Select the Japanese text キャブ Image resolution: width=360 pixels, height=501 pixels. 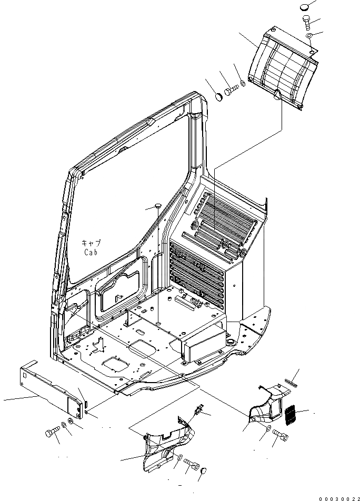[x=91, y=243]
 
